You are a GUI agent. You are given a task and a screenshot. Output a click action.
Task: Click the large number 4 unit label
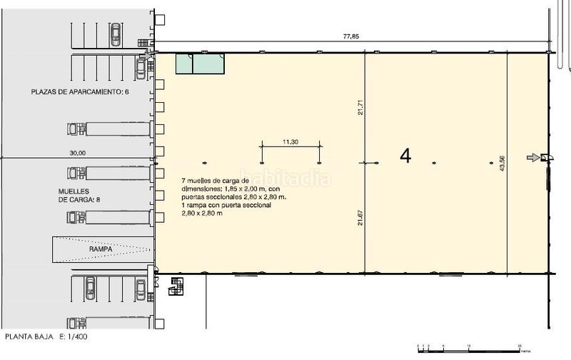point(405,156)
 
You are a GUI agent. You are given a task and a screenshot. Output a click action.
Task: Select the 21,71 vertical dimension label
point(362,106)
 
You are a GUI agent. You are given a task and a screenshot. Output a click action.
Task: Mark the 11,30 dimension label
point(290,142)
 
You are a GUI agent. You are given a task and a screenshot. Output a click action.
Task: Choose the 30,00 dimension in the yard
point(77,153)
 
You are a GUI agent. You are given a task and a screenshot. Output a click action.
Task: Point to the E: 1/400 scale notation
point(72,335)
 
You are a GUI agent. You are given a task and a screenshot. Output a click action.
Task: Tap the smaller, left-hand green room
point(183,64)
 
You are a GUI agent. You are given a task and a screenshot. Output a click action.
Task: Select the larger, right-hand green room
point(208,64)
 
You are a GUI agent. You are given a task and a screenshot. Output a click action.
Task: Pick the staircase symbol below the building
point(176,286)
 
